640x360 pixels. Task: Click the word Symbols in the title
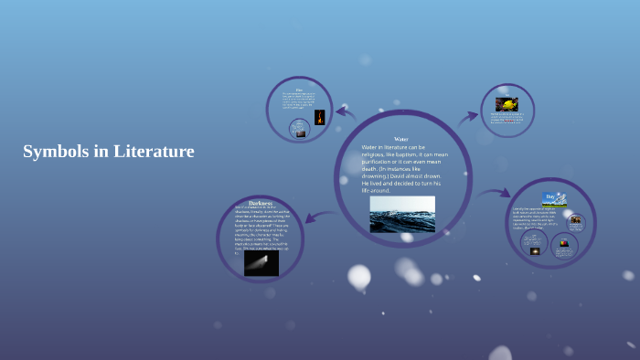[x=55, y=152]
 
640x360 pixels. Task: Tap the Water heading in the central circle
[x=401, y=139]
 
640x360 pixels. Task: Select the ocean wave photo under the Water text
[x=402, y=215]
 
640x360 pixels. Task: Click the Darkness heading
[x=261, y=203]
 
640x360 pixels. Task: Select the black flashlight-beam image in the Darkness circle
[x=261, y=263]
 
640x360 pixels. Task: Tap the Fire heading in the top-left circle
[x=299, y=90]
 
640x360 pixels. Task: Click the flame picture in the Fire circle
[x=320, y=117]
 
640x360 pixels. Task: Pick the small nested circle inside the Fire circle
[x=299, y=129]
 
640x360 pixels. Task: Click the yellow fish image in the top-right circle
[x=507, y=104]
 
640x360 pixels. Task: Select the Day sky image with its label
[x=554, y=197]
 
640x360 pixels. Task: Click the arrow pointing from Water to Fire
[x=345, y=113]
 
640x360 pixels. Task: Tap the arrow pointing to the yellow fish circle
[x=468, y=116]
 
